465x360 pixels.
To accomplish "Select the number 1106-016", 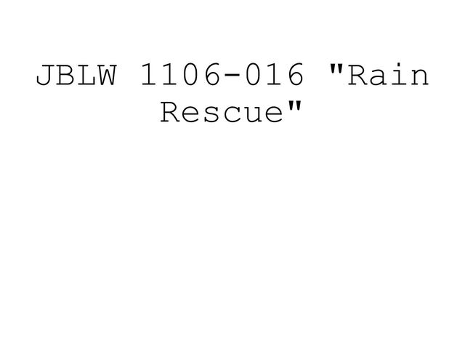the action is point(221,76).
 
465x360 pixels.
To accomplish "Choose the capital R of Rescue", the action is point(170,113).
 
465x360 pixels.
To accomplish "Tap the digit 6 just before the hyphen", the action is point(211,76).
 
